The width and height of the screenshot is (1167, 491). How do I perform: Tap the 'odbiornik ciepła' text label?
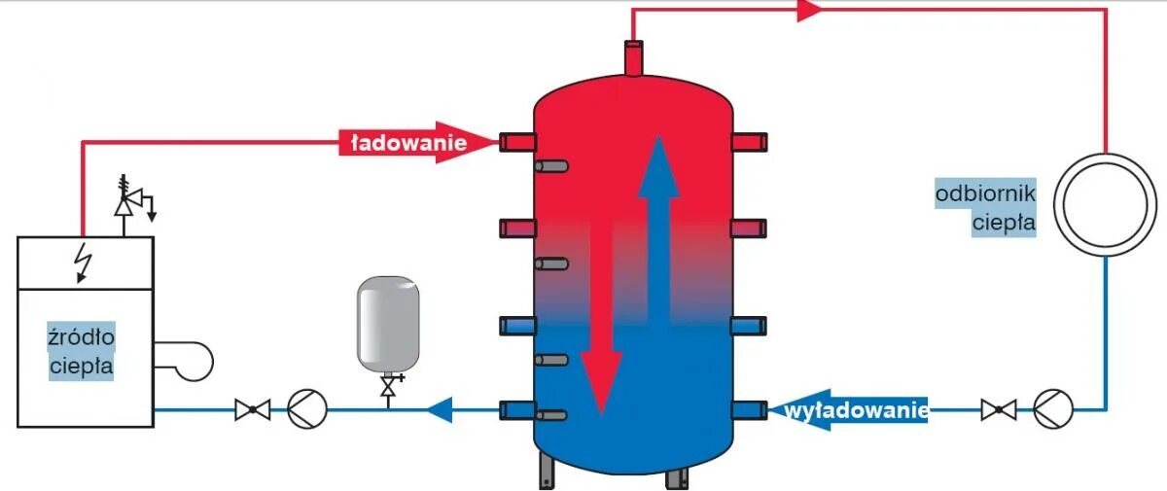coord(985,207)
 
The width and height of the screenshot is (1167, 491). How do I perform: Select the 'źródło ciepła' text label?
coord(82,352)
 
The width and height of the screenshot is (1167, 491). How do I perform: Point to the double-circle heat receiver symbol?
coord(1106,205)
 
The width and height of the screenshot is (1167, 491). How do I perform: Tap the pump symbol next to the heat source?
coord(306,409)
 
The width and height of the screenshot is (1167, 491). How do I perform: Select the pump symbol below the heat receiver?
coord(1053,408)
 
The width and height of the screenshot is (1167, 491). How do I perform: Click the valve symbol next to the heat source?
coord(252,409)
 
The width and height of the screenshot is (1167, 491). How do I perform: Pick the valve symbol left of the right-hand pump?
coord(998,409)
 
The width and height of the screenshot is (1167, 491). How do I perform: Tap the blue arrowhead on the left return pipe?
coord(441,409)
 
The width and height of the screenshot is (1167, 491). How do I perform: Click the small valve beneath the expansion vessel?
coord(389,389)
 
